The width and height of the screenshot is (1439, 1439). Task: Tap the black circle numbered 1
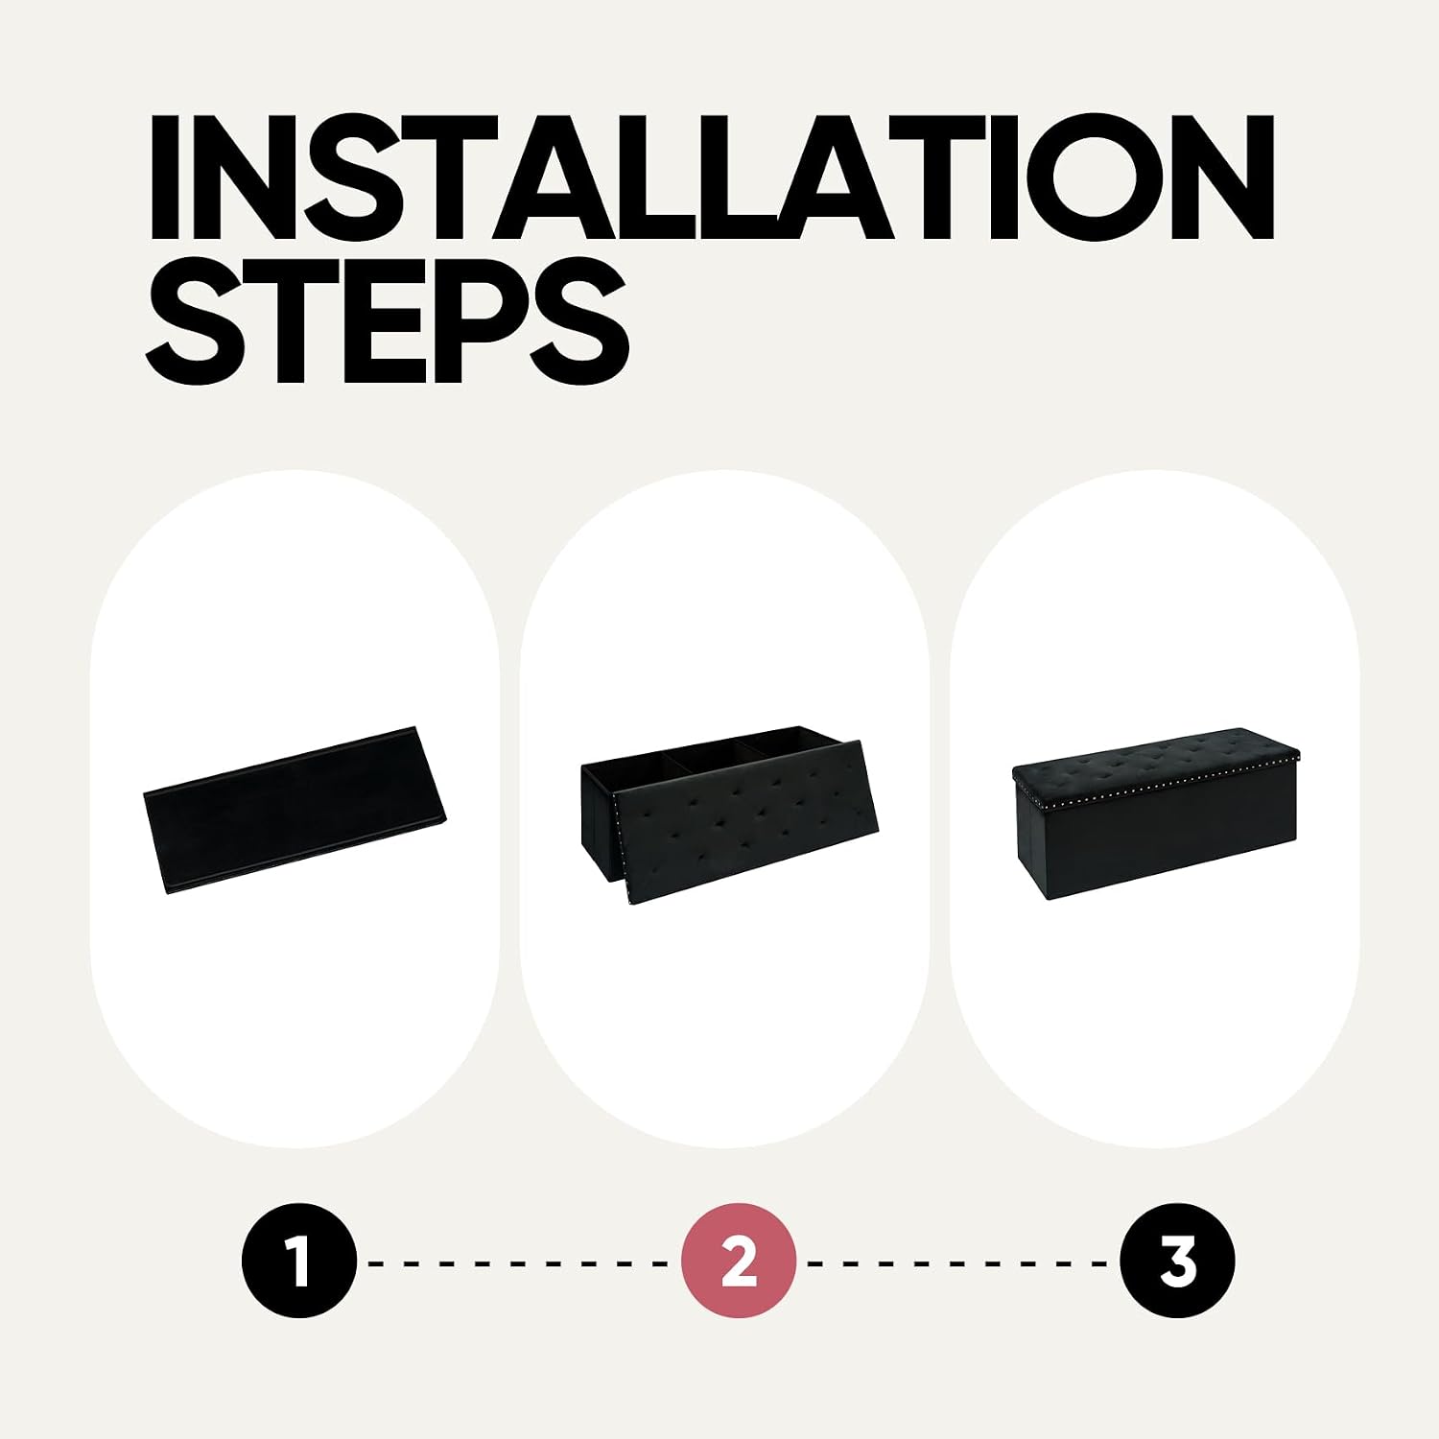[299, 1261]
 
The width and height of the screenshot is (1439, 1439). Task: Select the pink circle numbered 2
[739, 1261]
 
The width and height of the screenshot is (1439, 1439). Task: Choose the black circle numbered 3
[1178, 1261]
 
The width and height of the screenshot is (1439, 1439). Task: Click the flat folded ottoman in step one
[295, 811]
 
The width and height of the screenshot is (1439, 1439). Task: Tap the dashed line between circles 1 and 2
[519, 1262]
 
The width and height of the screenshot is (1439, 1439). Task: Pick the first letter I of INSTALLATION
[165, 177]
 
